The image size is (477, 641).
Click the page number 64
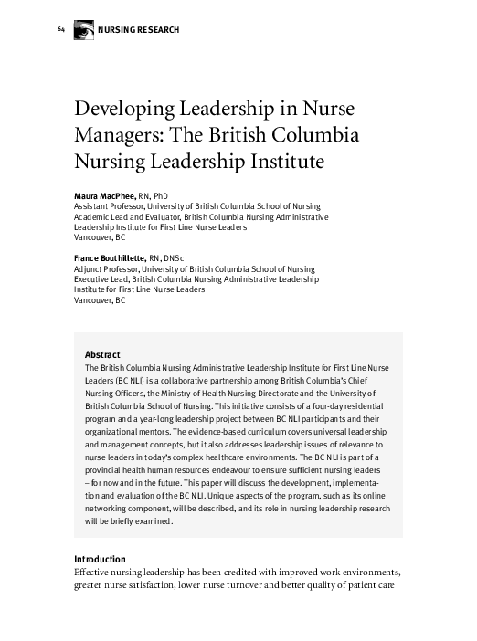pyautogui.click(x=60, y=30)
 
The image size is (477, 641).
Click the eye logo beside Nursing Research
pyautogui.click(x=82, y=31)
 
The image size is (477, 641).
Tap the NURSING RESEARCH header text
pyautogui.click(x=139, y=31)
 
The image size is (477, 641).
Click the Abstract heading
pyautogui.click(x=102, y=354)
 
